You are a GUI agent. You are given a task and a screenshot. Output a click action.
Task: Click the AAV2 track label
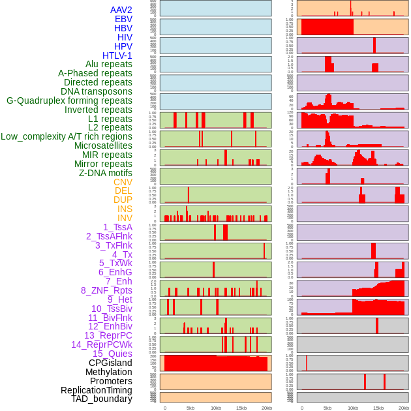click(121, 10)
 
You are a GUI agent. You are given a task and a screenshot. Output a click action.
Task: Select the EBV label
click(123, 19)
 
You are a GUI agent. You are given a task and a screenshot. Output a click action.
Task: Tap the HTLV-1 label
click(117, 55)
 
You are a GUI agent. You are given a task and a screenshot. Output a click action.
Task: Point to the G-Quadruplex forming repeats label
click(69, 100)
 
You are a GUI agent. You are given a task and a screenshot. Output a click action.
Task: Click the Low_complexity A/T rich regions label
click(67, 136)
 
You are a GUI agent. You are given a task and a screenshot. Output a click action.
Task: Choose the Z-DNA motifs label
click(106, 173)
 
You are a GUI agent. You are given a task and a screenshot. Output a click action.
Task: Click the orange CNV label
click(123, 182)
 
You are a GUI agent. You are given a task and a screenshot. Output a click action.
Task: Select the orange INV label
click(125, 218)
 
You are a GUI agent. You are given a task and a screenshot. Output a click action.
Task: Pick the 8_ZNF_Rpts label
click(106, 290)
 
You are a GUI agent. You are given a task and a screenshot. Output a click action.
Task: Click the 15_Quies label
click(112, 354)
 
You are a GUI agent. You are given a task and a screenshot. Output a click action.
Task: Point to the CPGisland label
click(110, 363)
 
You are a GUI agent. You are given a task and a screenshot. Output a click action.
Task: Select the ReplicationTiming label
click(97, 390)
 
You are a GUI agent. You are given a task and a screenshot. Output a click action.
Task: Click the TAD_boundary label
click(102, 399)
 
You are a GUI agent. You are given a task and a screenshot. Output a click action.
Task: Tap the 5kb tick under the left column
click(190, 408)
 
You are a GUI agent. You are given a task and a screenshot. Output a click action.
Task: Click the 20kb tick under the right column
click(404, 408)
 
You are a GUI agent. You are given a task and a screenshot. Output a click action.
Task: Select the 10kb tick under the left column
click(216, 408)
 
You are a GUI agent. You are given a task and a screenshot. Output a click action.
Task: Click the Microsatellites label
click(103, 145)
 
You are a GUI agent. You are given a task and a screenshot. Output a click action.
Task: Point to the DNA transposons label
click(97, 91)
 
